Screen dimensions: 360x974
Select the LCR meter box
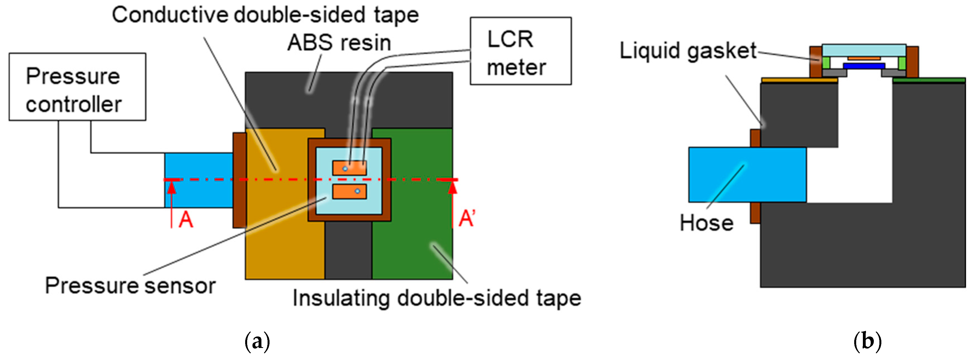pos(520,51)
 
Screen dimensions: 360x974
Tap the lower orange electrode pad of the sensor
pos(349,191)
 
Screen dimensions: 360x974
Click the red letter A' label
pos(467,219)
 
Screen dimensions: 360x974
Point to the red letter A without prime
pos(186,219)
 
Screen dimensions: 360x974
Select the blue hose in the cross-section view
pos(747,175)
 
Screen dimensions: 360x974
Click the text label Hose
pos(706,223)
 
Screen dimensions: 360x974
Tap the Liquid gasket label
pos(688,51)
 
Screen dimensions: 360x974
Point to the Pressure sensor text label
pos(130,286)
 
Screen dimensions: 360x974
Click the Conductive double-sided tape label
pos(265,15)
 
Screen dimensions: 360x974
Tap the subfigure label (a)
pos(257,342)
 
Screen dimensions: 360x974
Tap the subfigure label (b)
pos(867,342)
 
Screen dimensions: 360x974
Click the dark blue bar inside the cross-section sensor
pos(864,66)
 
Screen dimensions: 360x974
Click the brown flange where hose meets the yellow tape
pos(239,180)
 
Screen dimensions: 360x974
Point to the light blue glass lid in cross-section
pos(864,50)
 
